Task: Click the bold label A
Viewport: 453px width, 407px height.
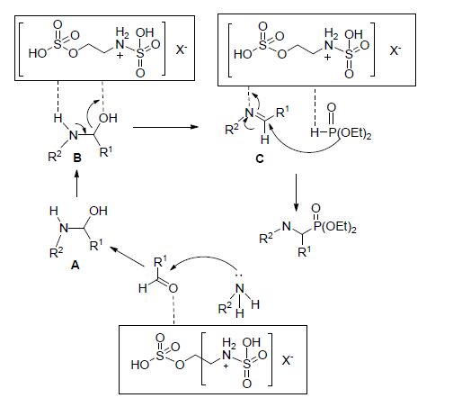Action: (75, 265)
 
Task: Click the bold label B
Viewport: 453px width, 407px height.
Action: (77, 158)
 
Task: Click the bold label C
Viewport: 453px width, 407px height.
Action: (260, 158)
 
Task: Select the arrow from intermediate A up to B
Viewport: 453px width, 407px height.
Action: (77, 184)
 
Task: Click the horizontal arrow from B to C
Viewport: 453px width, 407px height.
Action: (165, 127)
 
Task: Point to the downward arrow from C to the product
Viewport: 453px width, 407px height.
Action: (296, 193)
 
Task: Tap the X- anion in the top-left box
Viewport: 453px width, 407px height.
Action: (182, 49)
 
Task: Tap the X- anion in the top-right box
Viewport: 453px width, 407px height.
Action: (395, 50)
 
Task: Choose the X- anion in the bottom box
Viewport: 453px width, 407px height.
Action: (288, 360)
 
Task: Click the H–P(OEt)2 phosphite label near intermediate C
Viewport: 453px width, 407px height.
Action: (341, 132)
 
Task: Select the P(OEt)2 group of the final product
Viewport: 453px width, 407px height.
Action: (334, 227)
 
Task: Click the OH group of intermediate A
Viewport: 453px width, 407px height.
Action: (98, 211)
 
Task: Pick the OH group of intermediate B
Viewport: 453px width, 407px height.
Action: (108, 118)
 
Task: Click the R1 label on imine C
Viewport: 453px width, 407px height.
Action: (282, 112)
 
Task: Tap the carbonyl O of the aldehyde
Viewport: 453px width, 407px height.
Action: (173, 288)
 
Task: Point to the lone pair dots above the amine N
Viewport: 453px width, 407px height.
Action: (239, 276)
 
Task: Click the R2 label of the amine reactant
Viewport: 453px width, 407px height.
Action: (225, 308)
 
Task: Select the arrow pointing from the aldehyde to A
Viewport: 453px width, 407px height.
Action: (128, 257)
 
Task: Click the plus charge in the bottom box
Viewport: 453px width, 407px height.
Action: (226, 366)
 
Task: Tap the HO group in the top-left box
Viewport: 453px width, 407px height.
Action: (38, 53)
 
